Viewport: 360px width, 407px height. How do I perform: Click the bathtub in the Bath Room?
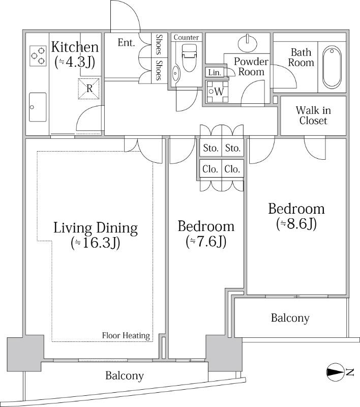(332, 67)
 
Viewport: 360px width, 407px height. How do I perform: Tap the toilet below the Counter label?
(189, 57)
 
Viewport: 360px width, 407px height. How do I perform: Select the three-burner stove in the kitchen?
(38, 56)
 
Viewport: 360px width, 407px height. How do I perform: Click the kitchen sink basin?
(38, 107)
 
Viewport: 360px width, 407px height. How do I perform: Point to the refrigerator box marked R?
(88, 89)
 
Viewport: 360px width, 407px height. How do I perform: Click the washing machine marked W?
(217, 92)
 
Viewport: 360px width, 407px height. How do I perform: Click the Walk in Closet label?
(313, 115)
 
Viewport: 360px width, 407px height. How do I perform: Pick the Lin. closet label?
(215, 72)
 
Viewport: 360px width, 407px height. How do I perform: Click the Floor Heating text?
(126, 335)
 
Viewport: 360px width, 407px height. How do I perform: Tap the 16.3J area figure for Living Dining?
(95, 243)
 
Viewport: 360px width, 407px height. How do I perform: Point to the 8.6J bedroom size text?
(296, 224)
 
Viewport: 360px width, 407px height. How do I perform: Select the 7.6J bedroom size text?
(206, 242)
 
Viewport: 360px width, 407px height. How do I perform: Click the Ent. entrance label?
(126, 43)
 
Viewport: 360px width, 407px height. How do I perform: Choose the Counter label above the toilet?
(186, 37)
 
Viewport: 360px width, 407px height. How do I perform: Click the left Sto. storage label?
(211, 148)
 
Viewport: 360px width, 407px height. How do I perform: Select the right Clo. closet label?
(232, 169)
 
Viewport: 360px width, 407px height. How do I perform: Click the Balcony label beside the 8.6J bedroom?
(290, 317)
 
